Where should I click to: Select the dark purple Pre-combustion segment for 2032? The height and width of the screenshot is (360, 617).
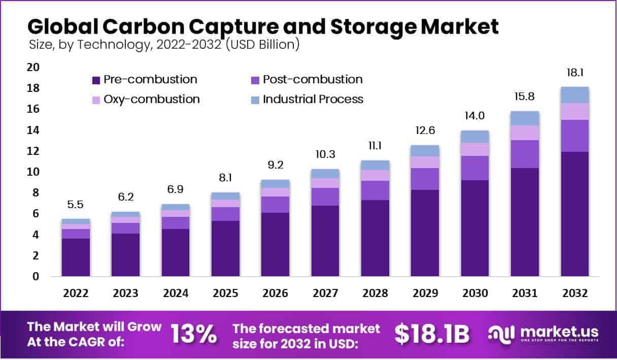point(575,213)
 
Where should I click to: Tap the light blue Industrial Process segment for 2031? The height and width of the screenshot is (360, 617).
point(525,118)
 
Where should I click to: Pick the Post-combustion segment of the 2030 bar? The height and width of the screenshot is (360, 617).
point(475,168)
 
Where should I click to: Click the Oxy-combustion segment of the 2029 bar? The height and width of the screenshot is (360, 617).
point(425,162)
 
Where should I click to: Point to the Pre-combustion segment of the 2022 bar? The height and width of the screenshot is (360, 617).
point(76,257)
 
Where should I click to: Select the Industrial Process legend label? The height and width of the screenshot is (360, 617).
point(313,99)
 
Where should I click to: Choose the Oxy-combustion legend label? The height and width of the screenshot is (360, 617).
point(151,99)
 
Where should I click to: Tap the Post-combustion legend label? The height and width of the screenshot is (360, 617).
point(313,80)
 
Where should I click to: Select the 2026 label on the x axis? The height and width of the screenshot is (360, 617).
point(275,293)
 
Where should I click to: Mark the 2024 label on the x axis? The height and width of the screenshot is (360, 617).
point(176,293)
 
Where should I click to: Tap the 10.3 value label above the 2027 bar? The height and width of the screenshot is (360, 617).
point(325,154)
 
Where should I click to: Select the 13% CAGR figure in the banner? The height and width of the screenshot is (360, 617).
point(193,334)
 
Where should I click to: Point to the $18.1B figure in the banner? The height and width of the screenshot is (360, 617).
point(432,334)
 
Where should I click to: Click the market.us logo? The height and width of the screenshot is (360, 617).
point(543,334)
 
